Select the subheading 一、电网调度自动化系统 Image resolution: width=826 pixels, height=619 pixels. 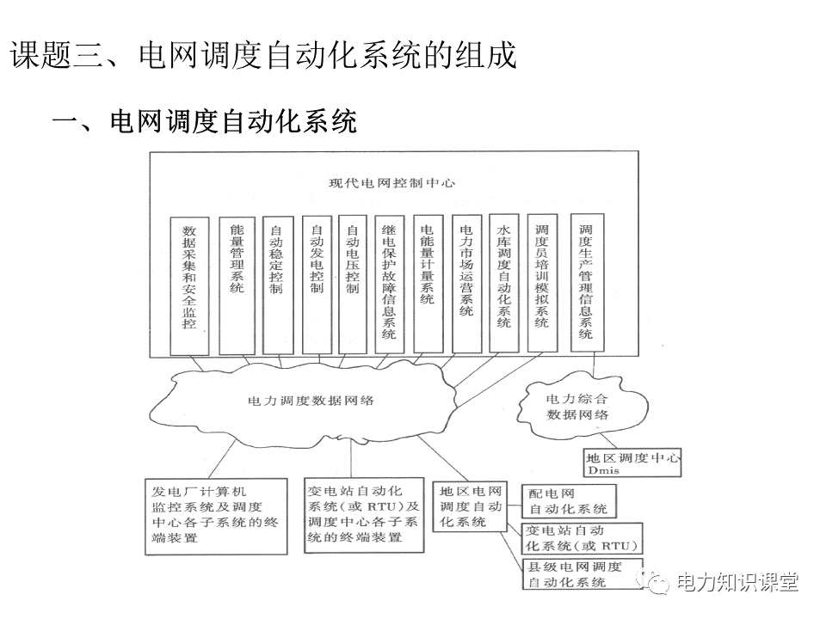[205, 121]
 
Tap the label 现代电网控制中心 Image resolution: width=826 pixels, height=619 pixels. [392, 183]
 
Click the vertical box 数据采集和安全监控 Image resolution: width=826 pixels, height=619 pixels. [189, 284]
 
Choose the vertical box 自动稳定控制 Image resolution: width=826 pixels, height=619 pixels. [277, 284]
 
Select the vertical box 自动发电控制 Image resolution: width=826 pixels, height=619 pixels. [317, 284]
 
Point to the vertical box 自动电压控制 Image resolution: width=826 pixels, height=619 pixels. [352, 284]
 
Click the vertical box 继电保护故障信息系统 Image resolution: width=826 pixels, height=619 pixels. [389, 284]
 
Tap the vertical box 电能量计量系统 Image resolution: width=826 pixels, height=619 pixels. [428, 284]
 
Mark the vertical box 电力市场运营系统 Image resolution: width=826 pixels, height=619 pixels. [466, 284]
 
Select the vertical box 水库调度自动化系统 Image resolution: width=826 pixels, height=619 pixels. [504, 284]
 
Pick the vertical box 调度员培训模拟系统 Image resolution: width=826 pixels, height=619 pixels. [542, 284]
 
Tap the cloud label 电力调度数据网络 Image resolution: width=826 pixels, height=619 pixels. [311, 401]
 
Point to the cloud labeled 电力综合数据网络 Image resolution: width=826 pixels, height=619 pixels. [577, 406]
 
